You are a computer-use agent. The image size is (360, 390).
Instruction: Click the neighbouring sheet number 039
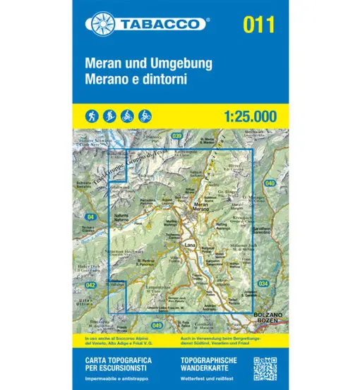[x=176, y=136]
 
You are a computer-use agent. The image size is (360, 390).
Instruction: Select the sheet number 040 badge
[x=269, y=183]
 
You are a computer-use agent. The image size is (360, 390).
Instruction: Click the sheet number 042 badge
[x=90, y=284]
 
